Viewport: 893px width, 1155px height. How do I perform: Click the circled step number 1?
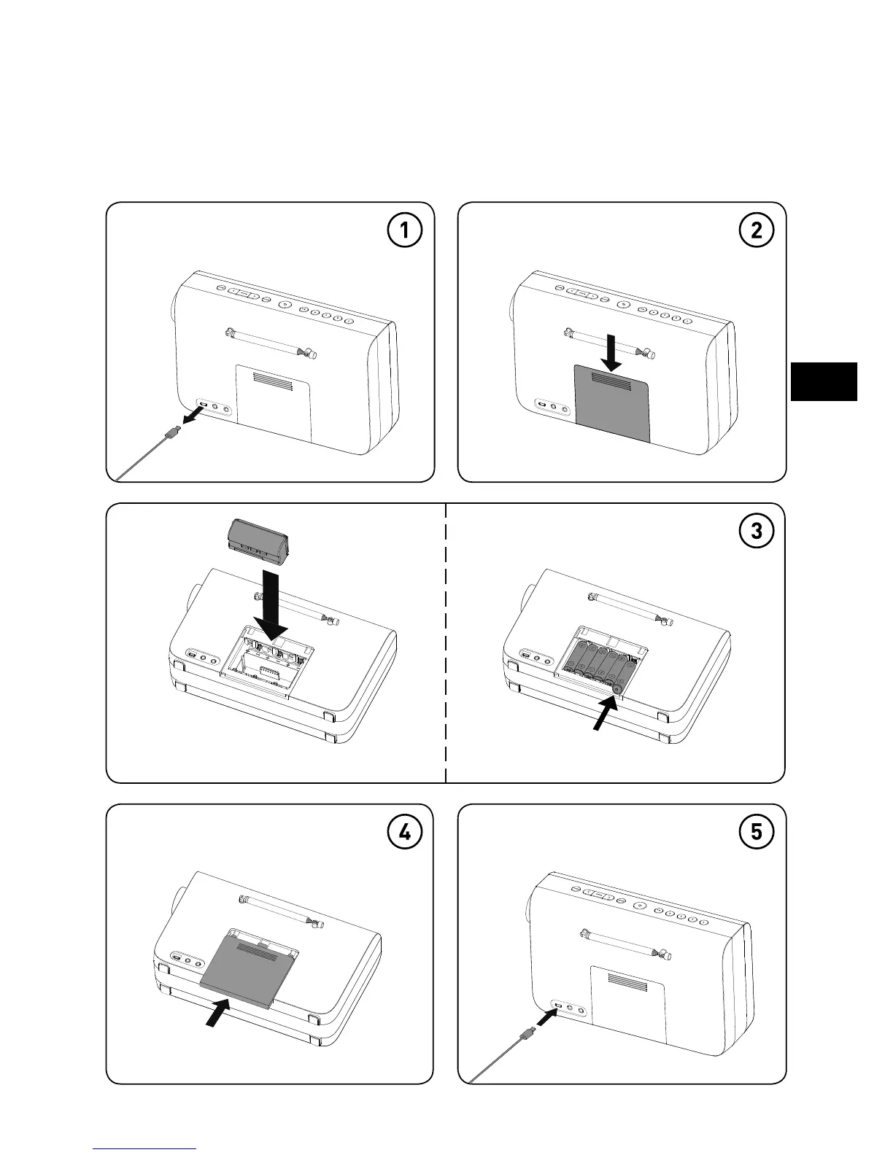403,231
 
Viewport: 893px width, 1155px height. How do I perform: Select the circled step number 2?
756,231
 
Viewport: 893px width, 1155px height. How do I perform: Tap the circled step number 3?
756,532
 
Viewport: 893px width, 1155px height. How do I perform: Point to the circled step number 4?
403,833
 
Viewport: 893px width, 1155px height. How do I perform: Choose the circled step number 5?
756,833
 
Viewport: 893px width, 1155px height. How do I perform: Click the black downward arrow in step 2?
612,354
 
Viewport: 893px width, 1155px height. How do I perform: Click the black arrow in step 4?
217,1012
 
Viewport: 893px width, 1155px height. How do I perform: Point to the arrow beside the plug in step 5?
546,1016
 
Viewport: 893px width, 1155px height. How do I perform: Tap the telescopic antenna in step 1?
271,342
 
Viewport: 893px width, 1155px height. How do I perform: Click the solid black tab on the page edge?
824,381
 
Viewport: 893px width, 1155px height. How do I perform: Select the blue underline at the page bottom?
145,1148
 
